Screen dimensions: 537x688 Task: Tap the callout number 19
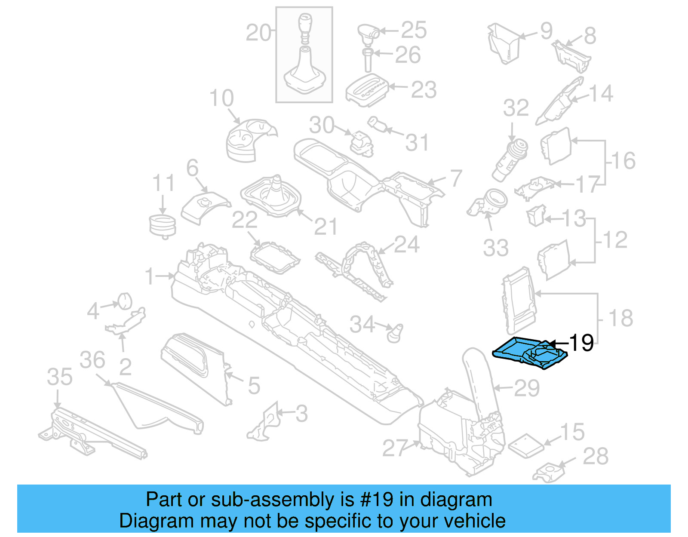(x=581, y=343)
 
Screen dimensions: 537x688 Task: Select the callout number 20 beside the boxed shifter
(x=259, y=33)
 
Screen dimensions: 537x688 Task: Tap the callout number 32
(x=516, y=107)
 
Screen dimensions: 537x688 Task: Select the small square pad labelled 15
(x=525, y=445)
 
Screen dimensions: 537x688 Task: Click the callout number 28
(x=596, y=456)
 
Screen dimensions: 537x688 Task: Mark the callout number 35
(x=60, y=377)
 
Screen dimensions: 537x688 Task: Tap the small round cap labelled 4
(x=125, y=301)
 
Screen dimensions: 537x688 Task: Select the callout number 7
(x=456, y=178)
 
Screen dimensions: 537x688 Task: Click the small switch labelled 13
(x=536, y=215)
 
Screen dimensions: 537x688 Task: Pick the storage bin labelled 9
(x=504, y=43)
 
